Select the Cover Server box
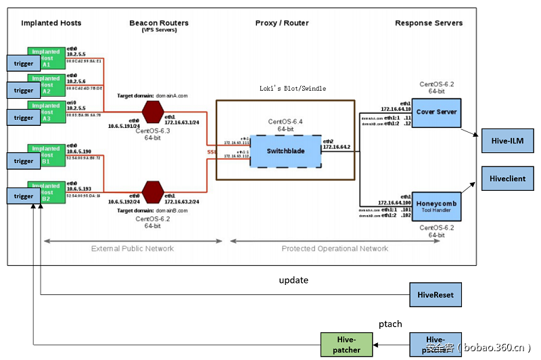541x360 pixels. click(x=437, y=112)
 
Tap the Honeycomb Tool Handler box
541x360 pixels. click(x=437, y=207)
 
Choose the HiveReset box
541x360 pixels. click(x=436, y=295)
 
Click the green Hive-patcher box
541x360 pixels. click(x=346, y=344)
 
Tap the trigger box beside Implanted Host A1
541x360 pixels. click(x=24, y=64)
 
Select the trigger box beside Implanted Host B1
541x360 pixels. click(x=24, y=161)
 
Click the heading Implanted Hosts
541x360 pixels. click(x=51, y=23)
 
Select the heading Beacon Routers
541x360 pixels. click(x=159, y=23)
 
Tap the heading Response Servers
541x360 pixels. click(x=429, y=23)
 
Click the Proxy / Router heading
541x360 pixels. click(x=282, y=23)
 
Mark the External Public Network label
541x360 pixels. click(x=133, y=249)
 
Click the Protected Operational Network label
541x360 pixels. click(x=335, y=249)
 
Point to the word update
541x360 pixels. click(x=293, y=280)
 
